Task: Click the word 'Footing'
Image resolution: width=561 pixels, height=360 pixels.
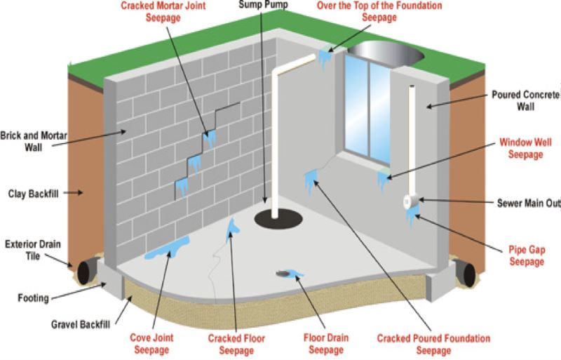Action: tap(33, 298)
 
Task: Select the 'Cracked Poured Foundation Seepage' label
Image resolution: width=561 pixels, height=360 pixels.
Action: tap(433, 342)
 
